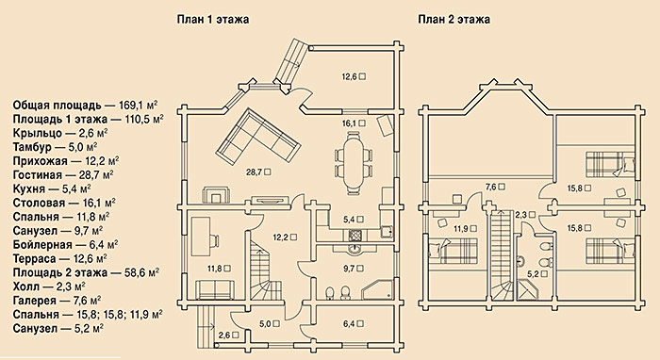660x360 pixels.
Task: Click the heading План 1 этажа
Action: [212, 20]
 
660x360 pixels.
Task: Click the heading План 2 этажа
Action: [454, 20]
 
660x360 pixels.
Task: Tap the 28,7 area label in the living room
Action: [255, 172]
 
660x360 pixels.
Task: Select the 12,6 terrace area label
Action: [350, 76]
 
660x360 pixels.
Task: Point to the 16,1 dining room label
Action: [350, 123]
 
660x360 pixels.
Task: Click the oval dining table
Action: [354, 163]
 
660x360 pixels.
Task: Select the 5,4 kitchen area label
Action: [350, 220]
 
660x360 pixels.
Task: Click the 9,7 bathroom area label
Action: [350, 268]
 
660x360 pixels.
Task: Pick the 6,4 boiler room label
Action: [350, 324]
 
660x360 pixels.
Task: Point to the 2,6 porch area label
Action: [224, 335]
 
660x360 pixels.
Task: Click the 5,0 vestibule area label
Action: [265, 324]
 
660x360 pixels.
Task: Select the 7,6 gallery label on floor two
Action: [491, 187]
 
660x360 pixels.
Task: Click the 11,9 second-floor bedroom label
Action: [461, 229]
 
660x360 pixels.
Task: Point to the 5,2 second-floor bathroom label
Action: [535, 274]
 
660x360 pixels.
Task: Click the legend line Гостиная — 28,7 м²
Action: [63, 174]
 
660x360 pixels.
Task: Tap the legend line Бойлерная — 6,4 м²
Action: [65, 244]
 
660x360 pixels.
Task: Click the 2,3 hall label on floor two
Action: [522, 215]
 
